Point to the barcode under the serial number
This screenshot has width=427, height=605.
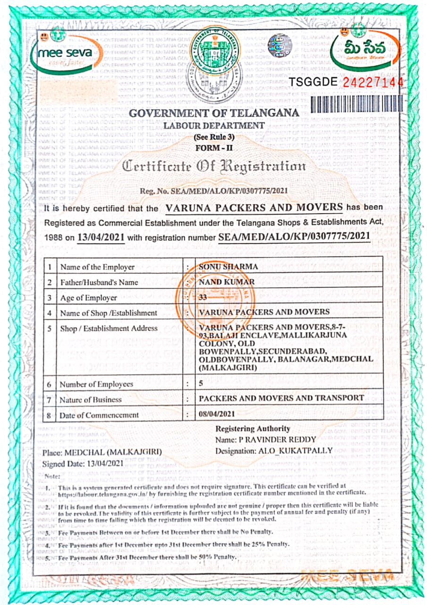point(357,104)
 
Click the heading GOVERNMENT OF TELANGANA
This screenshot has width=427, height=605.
point(214,113)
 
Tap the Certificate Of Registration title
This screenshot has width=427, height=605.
point(214,166)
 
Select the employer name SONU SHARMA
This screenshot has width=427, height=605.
point(229,267)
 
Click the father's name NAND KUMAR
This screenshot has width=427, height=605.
point(227,282)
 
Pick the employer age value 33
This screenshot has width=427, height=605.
point(203,298)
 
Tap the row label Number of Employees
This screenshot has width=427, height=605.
point(96,384)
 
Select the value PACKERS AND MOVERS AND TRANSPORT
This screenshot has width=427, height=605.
point(281,398)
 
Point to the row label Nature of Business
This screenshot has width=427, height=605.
point(90,400)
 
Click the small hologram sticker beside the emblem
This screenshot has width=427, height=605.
point(278,46)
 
